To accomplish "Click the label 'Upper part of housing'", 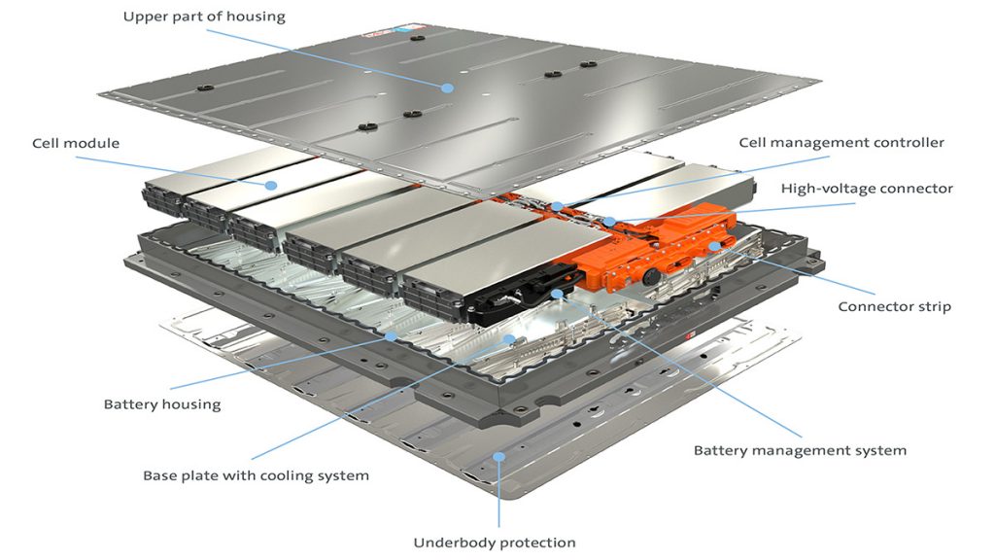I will (204, 17).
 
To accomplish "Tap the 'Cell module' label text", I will (76, 143).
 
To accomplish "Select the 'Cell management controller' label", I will (841, 142).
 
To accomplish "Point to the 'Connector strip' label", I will (894, 306).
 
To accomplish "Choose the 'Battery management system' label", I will (800, 450).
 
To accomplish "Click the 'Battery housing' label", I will (162, 403).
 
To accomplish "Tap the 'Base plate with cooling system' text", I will (256, 475).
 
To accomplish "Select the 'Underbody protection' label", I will (495, 542).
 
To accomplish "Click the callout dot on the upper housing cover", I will (447, 87).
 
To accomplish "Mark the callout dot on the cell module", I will (272, 184).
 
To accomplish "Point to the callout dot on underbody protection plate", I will (498, 455).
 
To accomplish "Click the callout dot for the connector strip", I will (714, 247).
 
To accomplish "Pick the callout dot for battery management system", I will (556, 293).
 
